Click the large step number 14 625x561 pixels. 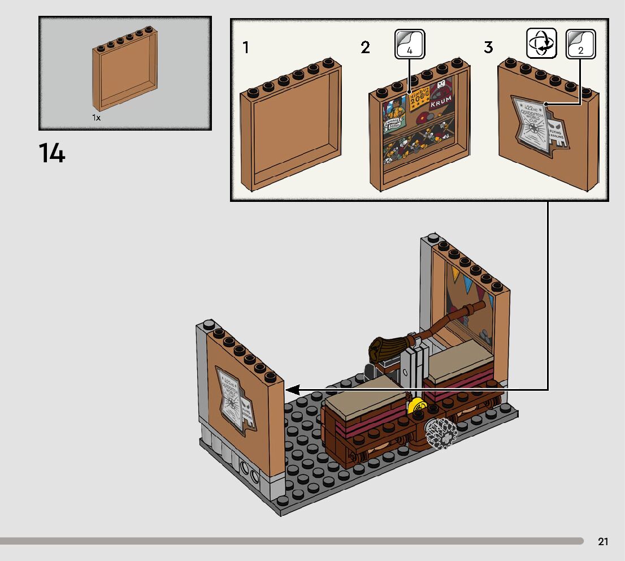(52, 154)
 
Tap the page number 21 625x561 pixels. (603, 542)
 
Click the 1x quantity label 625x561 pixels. (96, 118)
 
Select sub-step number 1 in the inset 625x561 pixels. (245, 48)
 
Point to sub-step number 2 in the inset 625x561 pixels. (366, 48)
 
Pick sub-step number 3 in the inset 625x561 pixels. (488, 48)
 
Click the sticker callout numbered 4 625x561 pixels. (409, 45)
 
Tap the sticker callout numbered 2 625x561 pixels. (580, 44)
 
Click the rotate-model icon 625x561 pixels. (541, 44)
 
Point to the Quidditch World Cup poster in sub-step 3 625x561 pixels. (531, 123)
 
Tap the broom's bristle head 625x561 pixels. (386, 347)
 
